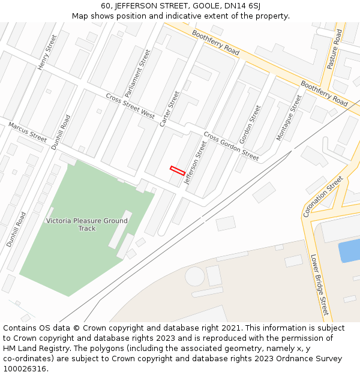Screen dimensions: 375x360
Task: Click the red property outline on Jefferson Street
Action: (177, 170)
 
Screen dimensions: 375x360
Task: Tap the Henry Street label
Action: (47, 52)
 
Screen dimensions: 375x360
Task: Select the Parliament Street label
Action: (137, 74)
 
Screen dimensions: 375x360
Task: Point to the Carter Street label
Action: (170, 109)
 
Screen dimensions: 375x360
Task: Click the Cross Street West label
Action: (130, 105)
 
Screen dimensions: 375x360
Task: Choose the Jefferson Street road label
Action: (195, 163)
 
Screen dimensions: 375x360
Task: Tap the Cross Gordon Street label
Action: (231, 146)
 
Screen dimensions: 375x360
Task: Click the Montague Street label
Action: (289, 118)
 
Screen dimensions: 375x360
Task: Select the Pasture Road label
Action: (334, 47)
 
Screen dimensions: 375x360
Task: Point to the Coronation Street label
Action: (323, 196)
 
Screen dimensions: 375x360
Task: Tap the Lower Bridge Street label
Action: (319, 285)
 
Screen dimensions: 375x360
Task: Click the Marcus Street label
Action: (28, 132)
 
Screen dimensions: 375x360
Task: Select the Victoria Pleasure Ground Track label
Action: (87, 224)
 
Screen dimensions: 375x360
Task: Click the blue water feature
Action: (349, 250)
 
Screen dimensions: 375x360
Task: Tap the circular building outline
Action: (194, 277)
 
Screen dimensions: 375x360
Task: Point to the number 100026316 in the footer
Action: (25, 368)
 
